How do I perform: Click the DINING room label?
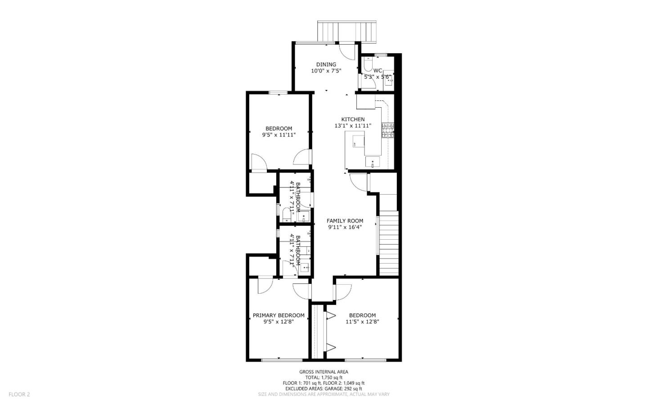326,64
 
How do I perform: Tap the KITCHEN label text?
353,119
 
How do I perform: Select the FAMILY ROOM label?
345,221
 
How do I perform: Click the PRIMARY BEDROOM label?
279,315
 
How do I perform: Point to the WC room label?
378,71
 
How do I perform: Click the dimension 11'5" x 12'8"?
362,322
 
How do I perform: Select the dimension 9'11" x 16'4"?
345,227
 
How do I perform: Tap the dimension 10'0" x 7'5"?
326,71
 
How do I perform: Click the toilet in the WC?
368,65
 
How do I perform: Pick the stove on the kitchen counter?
387,130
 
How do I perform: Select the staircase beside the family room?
389,243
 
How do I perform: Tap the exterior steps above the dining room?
346,31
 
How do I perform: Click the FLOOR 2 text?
19,394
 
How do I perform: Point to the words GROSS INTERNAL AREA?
324,372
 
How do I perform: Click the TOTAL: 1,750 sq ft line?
324,378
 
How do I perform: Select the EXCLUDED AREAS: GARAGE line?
324,388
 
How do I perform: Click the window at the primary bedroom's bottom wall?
282,359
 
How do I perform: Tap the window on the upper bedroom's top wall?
278,93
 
